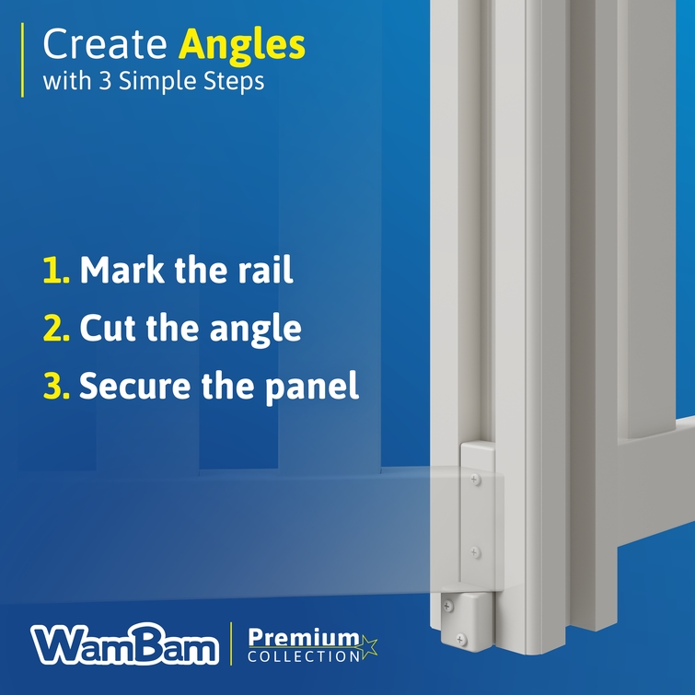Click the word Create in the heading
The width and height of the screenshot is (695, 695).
pyautogui.click(x=105, y=44)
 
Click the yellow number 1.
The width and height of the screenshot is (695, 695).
pyautogui.click(x=56, y=270)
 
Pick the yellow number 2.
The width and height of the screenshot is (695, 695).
pyautogui.click(x=56, y=328)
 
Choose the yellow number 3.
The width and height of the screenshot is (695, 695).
pyautogui.click(x=56, y=385)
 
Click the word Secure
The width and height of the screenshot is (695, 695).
pyautogui.click(x=134, y=385)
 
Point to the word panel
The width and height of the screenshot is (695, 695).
pyautogui.click(x=311, y=387)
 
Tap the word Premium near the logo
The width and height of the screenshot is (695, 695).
pyautogui.click(x=304, y=638)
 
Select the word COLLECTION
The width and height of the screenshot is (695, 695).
pyautogui.click(x=305, y=656)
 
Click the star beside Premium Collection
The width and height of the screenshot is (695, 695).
pyautogui.click(x=368, y=647)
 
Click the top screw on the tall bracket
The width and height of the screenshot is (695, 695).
pyautogui.click(x=475, y=480)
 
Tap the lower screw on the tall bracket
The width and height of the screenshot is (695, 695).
pyautogui.click(x=475, y=552)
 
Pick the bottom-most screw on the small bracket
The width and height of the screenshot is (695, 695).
pyautogui.click(x=461, y=640)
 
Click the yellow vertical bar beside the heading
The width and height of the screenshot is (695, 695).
pyautogui.click(x=22, y=60)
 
